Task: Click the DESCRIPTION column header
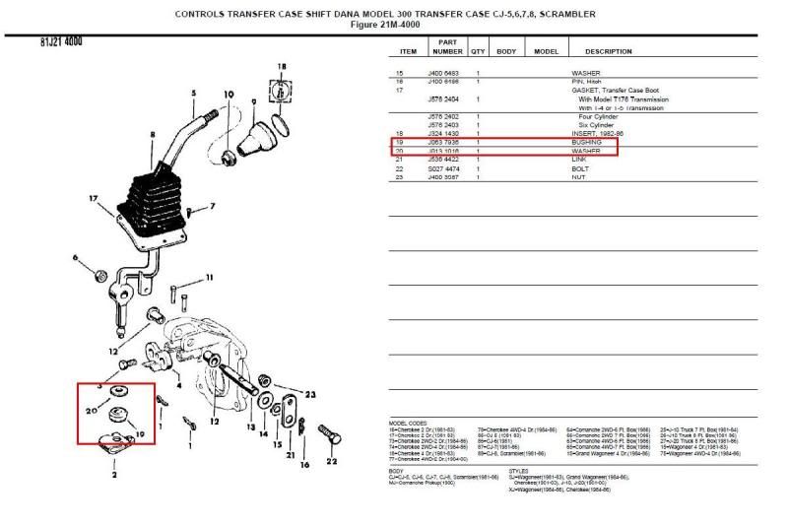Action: pyautogui.click(x=608, y=51)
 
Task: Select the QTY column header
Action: pyautogui.click(x=478, y=51)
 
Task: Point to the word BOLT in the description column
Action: pyautogui.click(x=581, y=168)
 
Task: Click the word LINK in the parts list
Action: pyautogui.click(x=579, y=160)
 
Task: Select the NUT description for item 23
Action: pyautogui.click(x=579, y=177)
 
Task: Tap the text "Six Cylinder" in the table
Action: pyautogui.click(x=597, y=125)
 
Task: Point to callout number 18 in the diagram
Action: pyautogui.click(x=281, y=66)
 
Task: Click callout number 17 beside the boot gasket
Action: pyautogui.click(x=94, y=199)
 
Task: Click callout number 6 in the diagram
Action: pyautogui.click(x=74, y=257)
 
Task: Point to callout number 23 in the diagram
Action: pyautogui.click(x=308, y=395)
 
